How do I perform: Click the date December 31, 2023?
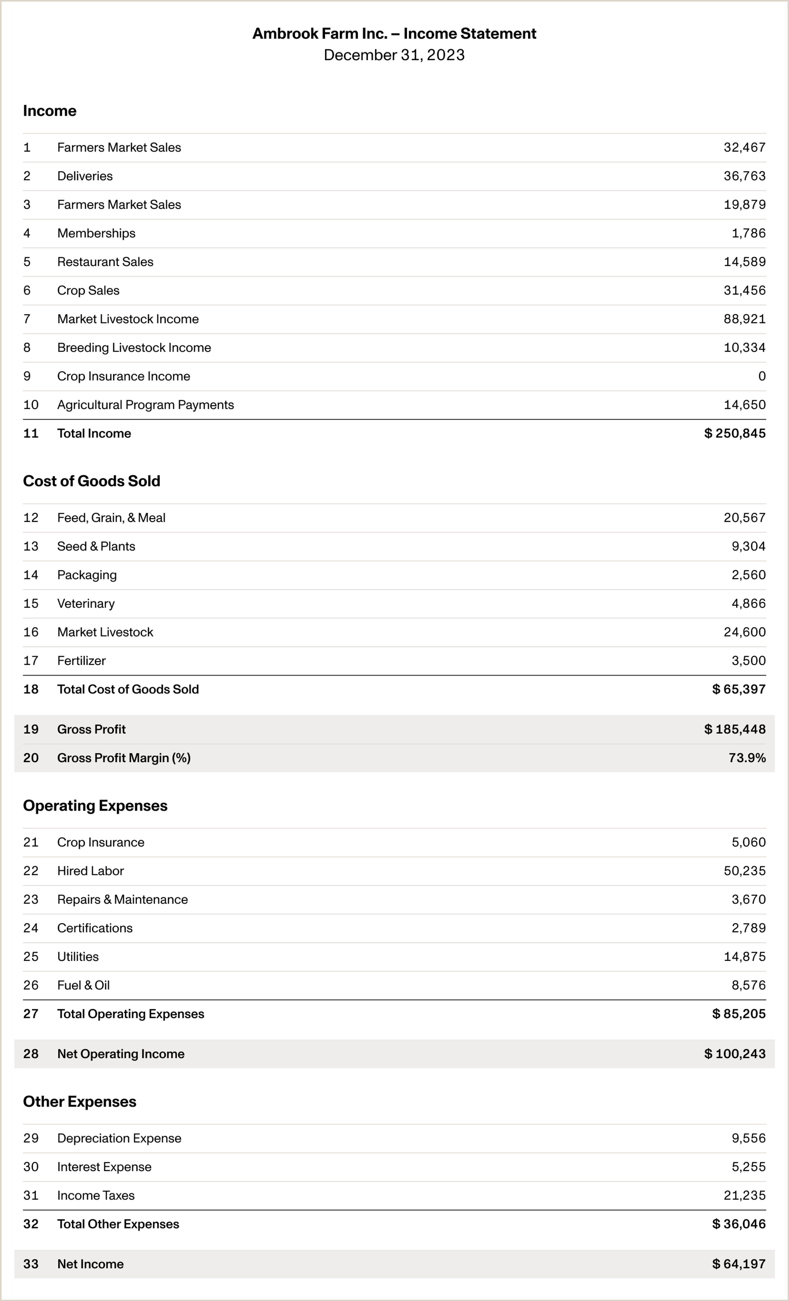(x=394, y=55)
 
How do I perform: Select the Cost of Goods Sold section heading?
(x=92, y=481)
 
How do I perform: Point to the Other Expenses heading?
(x=80, y=1102)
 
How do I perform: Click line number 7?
(x=27, y=319)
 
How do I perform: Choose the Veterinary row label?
(x=86, y=603)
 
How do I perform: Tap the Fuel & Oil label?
(x=83, y=985)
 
